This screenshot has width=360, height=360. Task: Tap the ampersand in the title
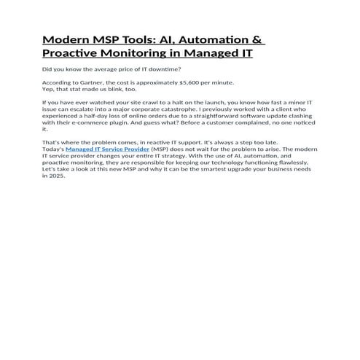click(x=259, y=39)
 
